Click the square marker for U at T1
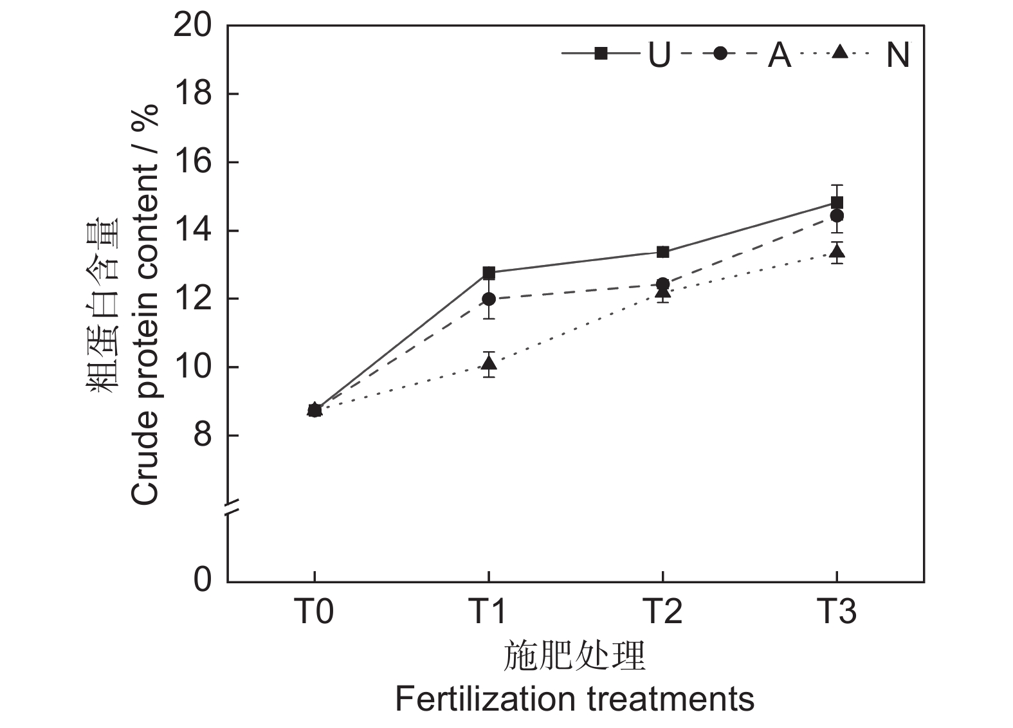tap(489, 273)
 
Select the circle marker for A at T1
tap(489, 299)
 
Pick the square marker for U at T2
tap(663, 251)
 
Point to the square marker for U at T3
tap(837, 203)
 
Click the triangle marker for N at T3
tap(837, 251)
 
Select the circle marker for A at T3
tap(837, 215)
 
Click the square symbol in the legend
tap(601, 53)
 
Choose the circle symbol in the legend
tap(720, 53)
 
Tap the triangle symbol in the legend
tap(840, 52)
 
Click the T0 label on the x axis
tap(315, 611)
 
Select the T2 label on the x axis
tap(663, 611)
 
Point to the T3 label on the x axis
tap(837, 611)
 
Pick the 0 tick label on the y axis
tap(202, 580)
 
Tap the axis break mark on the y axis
tap(228, 508)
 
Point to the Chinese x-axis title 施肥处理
tap(574, 656)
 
